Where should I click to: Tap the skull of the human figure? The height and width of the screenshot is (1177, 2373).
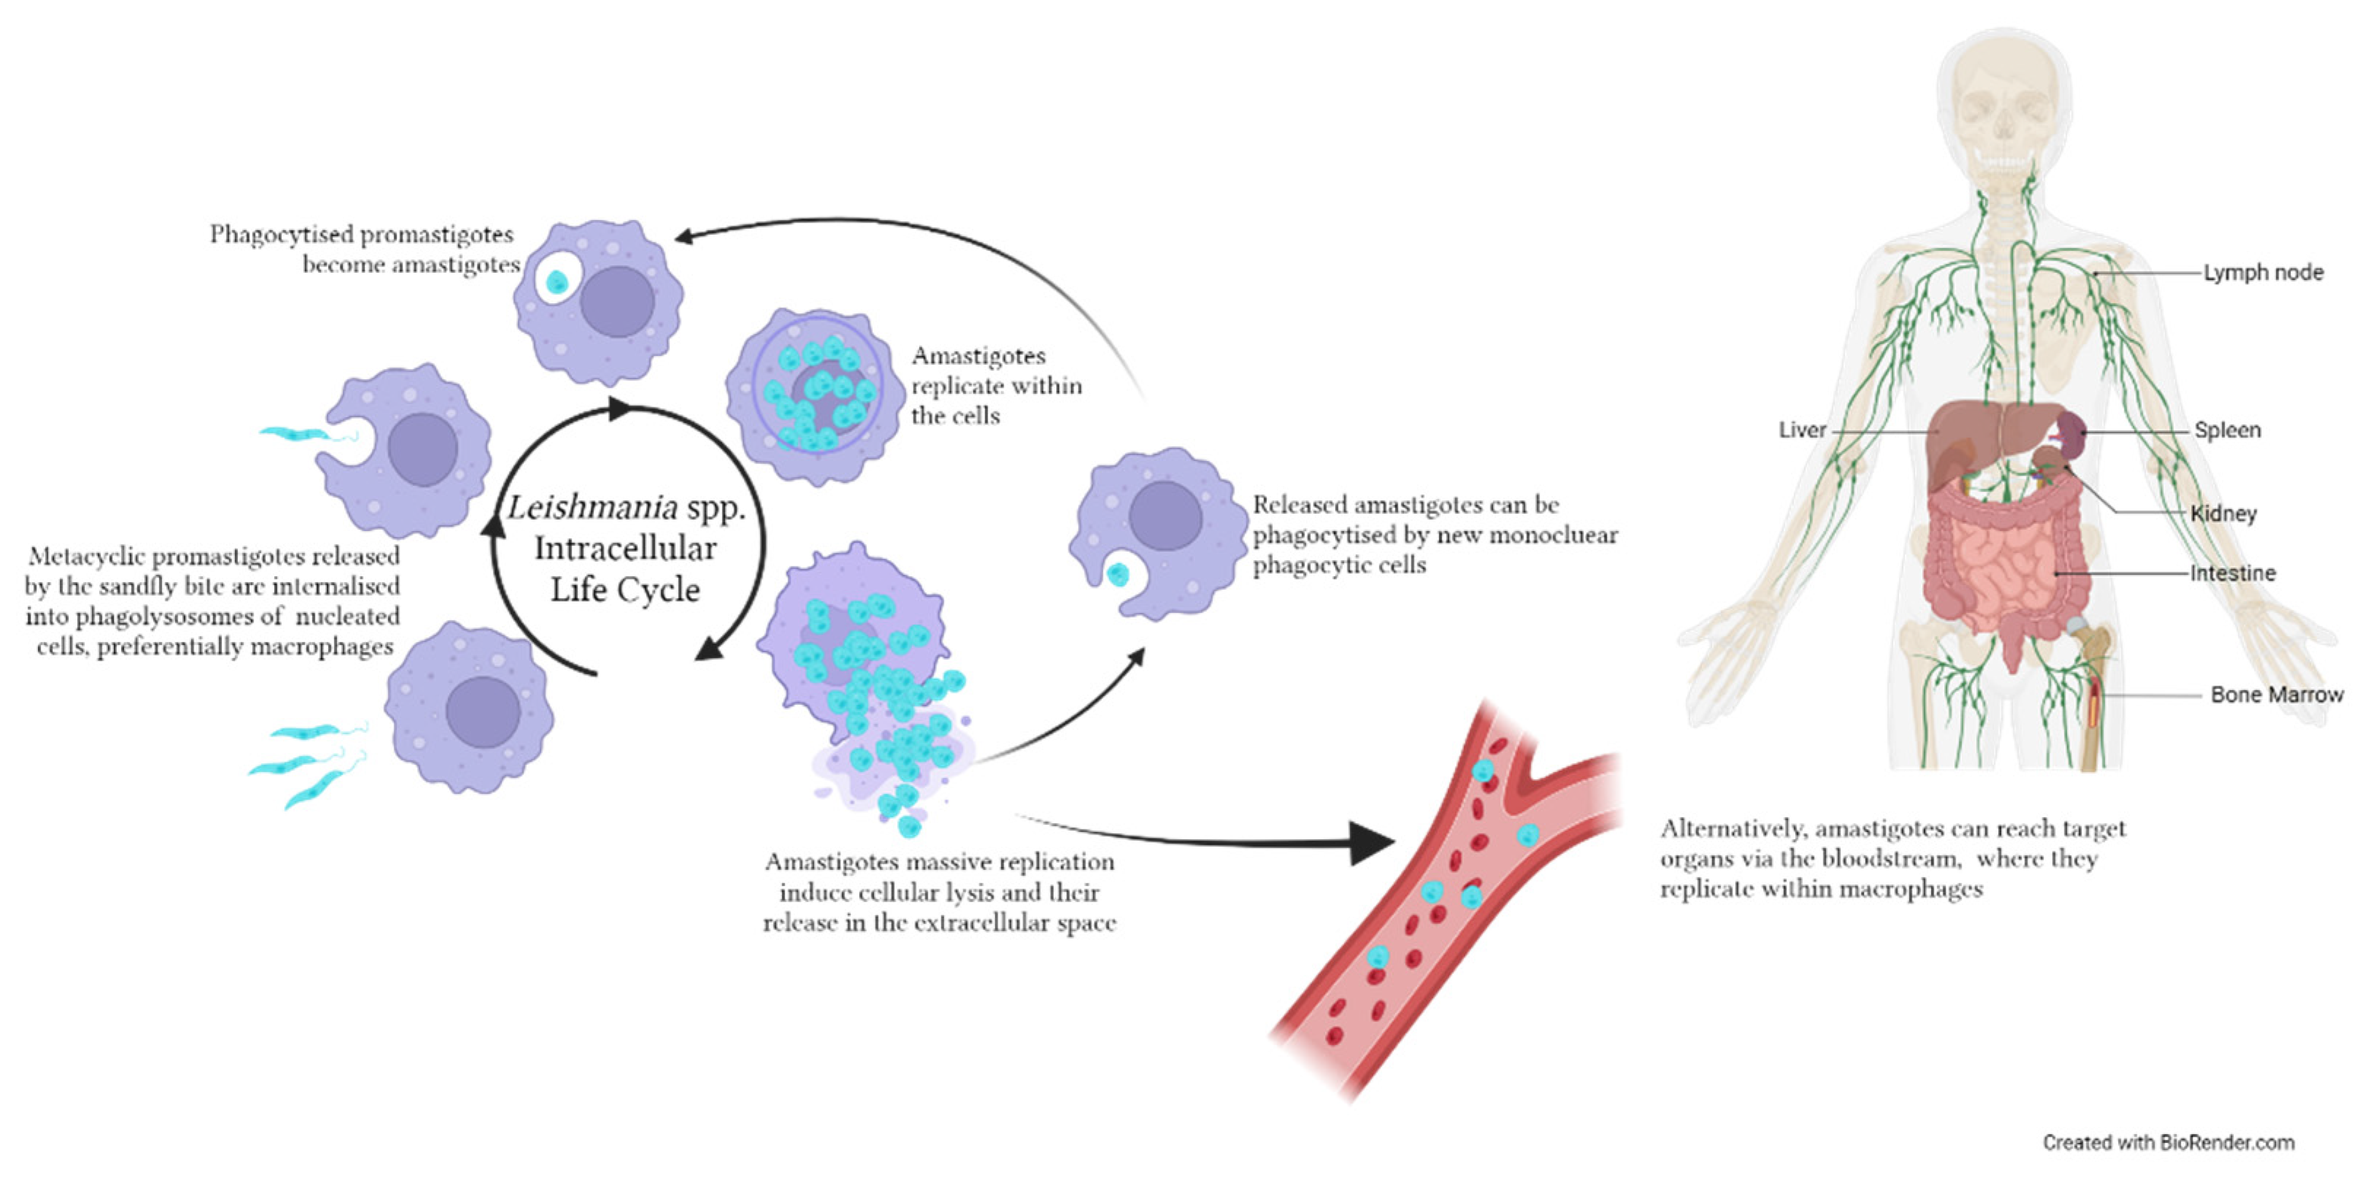tap(2005, 111)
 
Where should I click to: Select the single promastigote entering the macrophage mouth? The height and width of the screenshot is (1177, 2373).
tap(295, 433)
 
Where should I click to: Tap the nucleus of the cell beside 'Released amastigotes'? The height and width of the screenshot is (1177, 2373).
tap(1165, 516)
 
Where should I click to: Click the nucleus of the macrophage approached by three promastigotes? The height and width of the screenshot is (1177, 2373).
tap(483, 712)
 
